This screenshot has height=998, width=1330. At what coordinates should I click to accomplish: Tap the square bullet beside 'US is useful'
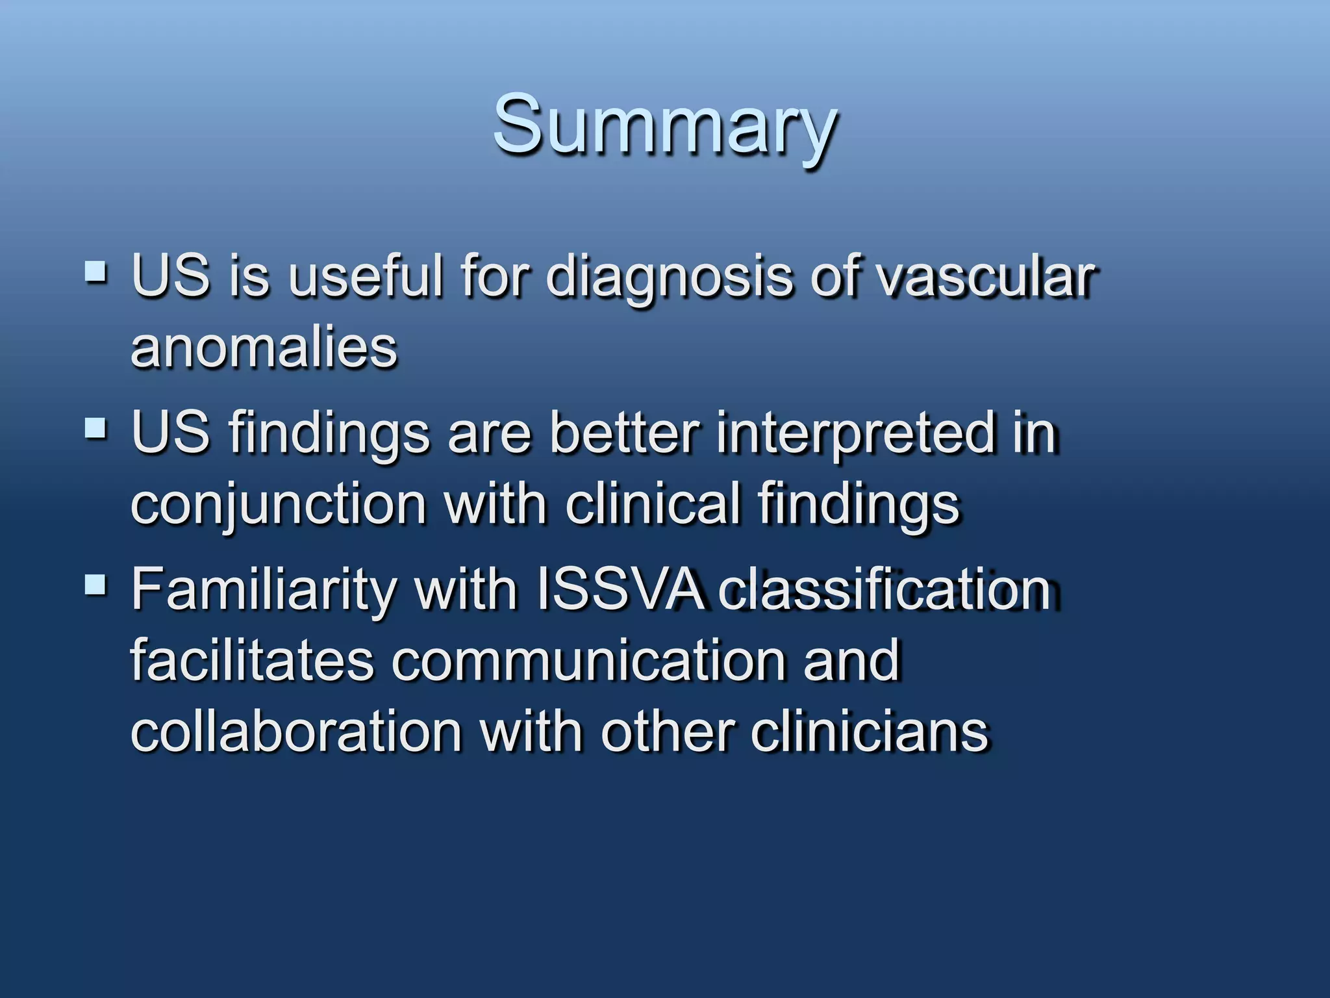pos(95,272)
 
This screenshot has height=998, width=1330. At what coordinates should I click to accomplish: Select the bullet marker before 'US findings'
pos(95,429)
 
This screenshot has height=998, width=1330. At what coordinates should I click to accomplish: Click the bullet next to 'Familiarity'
pos(95,584)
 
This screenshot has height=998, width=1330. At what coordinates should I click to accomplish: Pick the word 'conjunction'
pos(278,505)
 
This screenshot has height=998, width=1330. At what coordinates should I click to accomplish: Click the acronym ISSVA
pos(620,589)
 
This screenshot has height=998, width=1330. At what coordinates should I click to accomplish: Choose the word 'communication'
pos(588,660)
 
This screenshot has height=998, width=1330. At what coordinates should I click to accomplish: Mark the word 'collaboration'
pos(296,732)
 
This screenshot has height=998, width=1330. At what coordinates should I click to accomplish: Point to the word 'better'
pos(624,433)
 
